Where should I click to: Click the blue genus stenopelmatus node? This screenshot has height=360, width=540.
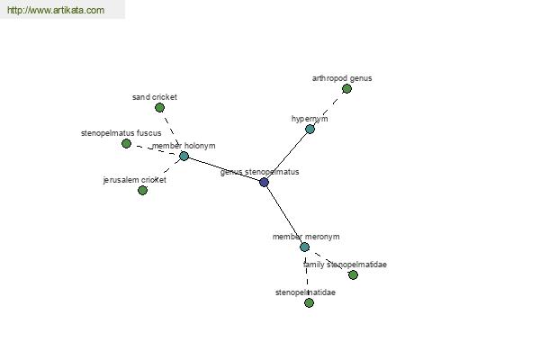264,182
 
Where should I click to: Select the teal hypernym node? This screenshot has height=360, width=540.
310,130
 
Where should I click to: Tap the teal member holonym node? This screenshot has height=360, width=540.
184,156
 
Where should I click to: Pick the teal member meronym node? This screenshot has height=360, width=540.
304,247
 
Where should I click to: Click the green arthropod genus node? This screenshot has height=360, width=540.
346,89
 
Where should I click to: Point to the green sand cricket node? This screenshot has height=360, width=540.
159,108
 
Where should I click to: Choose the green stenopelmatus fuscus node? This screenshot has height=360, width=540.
126,144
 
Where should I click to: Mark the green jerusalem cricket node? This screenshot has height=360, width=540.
142,190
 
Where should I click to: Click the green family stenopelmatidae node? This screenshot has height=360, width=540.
353,274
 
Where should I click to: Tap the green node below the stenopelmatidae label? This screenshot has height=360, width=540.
310,302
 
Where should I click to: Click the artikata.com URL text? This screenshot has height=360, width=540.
56,10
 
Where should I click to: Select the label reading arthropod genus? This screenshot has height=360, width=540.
342,78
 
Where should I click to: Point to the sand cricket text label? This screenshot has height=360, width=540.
155,97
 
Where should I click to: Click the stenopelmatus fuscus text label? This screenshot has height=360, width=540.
121,133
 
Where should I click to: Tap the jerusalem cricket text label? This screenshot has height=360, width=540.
135,180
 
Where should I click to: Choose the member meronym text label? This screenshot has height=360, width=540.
306,237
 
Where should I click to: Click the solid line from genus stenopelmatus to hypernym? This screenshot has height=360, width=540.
287,156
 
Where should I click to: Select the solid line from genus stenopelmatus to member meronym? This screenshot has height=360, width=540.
284,214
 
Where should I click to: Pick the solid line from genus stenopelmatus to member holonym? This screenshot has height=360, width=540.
224,169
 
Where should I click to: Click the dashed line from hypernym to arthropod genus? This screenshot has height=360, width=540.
328,109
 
